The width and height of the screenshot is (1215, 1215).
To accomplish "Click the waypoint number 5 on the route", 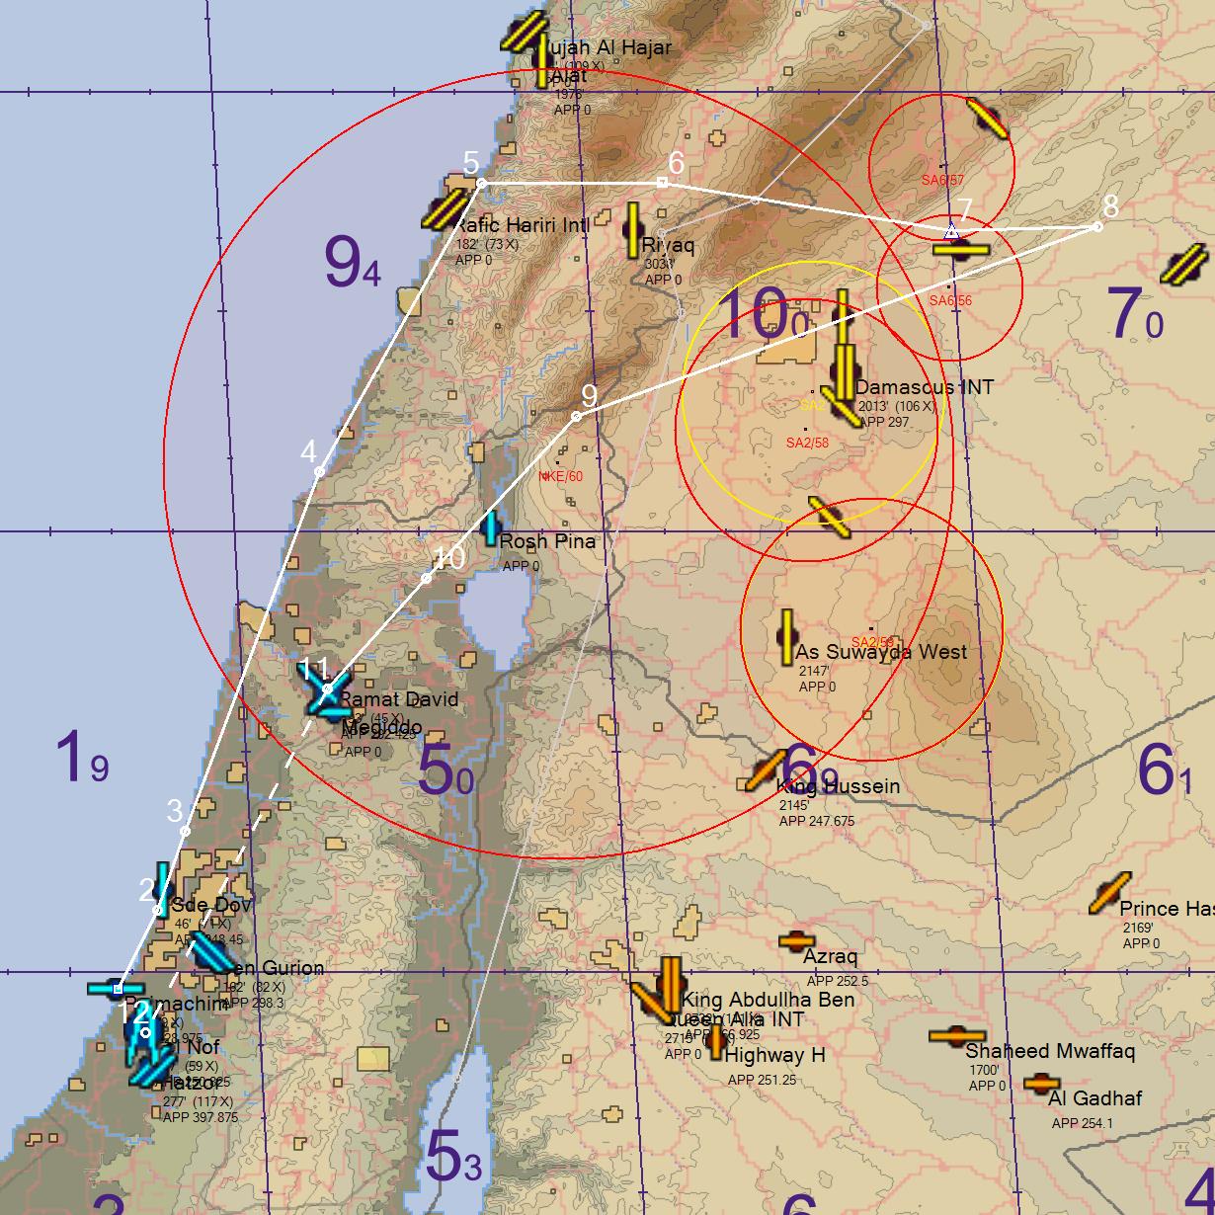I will coord(471,162).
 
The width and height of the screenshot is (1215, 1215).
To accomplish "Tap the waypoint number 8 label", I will coord(1110,206).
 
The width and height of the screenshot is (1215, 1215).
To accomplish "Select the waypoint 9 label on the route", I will coord(589,395).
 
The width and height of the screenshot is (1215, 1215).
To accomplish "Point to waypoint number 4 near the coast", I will coord(309,452).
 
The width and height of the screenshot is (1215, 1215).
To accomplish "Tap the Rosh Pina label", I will coord(547,541).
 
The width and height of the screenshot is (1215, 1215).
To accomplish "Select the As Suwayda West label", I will coord(881,652).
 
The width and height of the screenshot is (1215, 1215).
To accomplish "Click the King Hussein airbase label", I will coord(838,786).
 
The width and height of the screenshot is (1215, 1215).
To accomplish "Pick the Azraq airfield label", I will coord(830,956).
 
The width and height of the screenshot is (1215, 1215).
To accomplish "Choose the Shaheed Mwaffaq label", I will coord(1035,1051).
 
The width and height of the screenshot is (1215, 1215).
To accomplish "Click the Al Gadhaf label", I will coord(1094,1098).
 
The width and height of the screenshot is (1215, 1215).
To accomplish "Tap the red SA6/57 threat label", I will coord(942,181).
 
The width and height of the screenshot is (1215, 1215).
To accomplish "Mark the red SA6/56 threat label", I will coord(950,301).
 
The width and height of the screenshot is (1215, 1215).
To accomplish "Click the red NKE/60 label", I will coord(560,477).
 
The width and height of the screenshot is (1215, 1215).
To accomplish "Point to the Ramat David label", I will coord(398,699).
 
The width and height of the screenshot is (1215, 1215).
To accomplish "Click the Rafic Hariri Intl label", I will coord(521,225).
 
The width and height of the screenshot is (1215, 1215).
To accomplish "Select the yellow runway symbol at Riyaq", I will coord(632,230).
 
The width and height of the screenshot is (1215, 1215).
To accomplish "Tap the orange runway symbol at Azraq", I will coord(796,939).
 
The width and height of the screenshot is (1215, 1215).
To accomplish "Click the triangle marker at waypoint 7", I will coord(951,231).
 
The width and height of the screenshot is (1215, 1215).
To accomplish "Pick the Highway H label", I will coord(774,1055).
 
